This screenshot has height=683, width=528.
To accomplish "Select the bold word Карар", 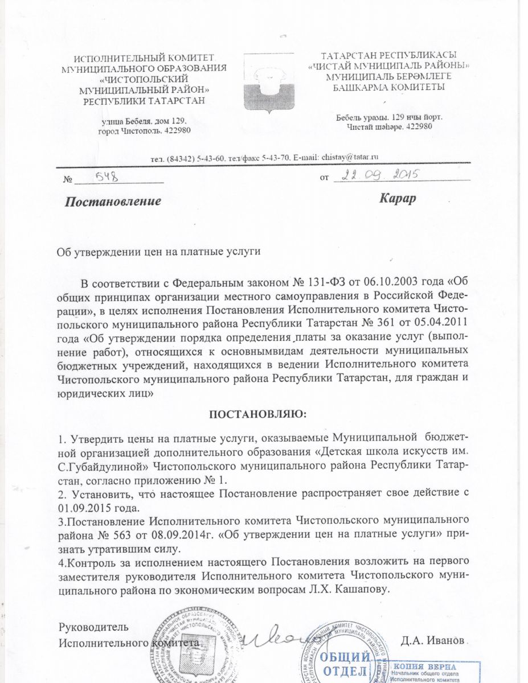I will [x=398, y=199].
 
